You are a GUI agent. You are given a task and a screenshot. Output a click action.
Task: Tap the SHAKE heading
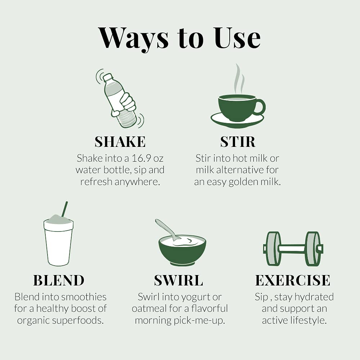(x=120, y=141)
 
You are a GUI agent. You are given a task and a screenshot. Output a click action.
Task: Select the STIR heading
(x=238, y=141)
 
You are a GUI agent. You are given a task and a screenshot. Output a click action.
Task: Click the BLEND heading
(x=59, y=280)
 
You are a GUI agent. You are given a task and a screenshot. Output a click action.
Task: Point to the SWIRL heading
(x=179, y=280)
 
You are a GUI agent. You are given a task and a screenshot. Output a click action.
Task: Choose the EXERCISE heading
(x=293, y=280)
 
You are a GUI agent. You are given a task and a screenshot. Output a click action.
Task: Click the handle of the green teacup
(x=260, y=107)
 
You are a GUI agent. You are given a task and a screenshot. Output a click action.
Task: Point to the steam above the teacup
(x=239, y=79)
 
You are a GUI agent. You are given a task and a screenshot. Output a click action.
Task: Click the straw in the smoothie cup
(x=64, y=209)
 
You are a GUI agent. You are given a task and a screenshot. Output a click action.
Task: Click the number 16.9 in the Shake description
(x=141, y=158)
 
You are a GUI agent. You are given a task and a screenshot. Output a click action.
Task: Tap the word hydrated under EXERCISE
(x=314, y=297)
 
